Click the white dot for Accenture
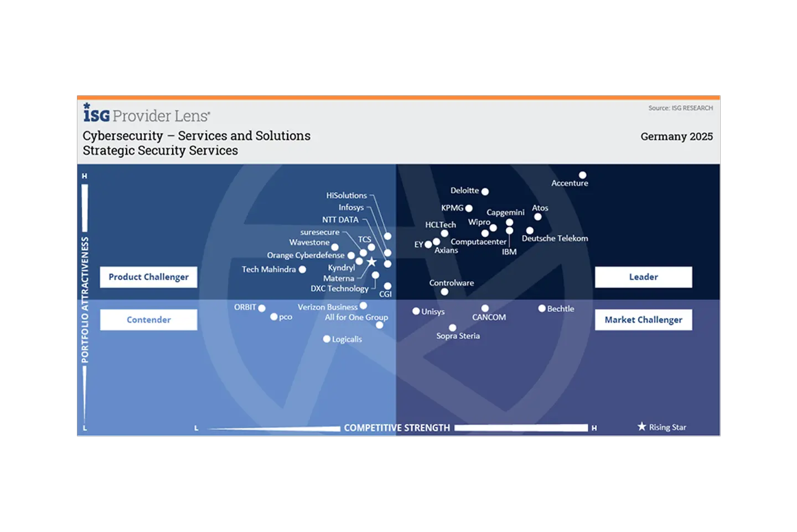582,175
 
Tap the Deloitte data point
485,192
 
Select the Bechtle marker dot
542,309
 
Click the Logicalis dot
327,339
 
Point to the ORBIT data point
262,308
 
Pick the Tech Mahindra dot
302,269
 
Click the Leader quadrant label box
643,277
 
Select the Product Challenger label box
148,277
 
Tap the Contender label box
148,320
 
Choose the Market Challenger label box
643,320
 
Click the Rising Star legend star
641,426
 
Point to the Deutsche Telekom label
555,238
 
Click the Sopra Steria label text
458,336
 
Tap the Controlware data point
444,291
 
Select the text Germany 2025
676,136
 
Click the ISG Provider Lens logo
147,114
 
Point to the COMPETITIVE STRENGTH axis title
397,428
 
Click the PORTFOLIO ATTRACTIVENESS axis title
85,300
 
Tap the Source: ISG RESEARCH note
680,108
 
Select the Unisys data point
416,311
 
